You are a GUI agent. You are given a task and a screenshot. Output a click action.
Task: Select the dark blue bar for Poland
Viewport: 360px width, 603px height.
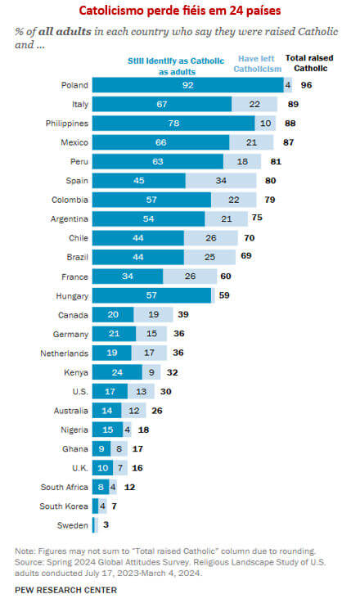tap(187, 84)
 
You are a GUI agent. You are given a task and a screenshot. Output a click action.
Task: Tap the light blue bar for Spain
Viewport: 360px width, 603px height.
tap(222, 181)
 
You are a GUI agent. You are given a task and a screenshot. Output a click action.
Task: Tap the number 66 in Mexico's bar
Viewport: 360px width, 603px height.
tap(160, 142)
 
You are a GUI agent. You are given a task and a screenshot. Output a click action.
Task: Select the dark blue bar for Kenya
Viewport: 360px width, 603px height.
tap(117, 372)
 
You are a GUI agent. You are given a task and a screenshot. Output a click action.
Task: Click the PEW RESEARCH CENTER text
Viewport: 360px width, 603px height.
tap(65, 590)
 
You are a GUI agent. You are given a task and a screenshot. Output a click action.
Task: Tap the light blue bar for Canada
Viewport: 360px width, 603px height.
tap(154, 315)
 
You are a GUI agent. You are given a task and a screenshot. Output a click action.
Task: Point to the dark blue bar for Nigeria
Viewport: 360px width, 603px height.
tap(108, 430)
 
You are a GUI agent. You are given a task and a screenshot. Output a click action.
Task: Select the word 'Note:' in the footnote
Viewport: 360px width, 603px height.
tap(26, 551)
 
